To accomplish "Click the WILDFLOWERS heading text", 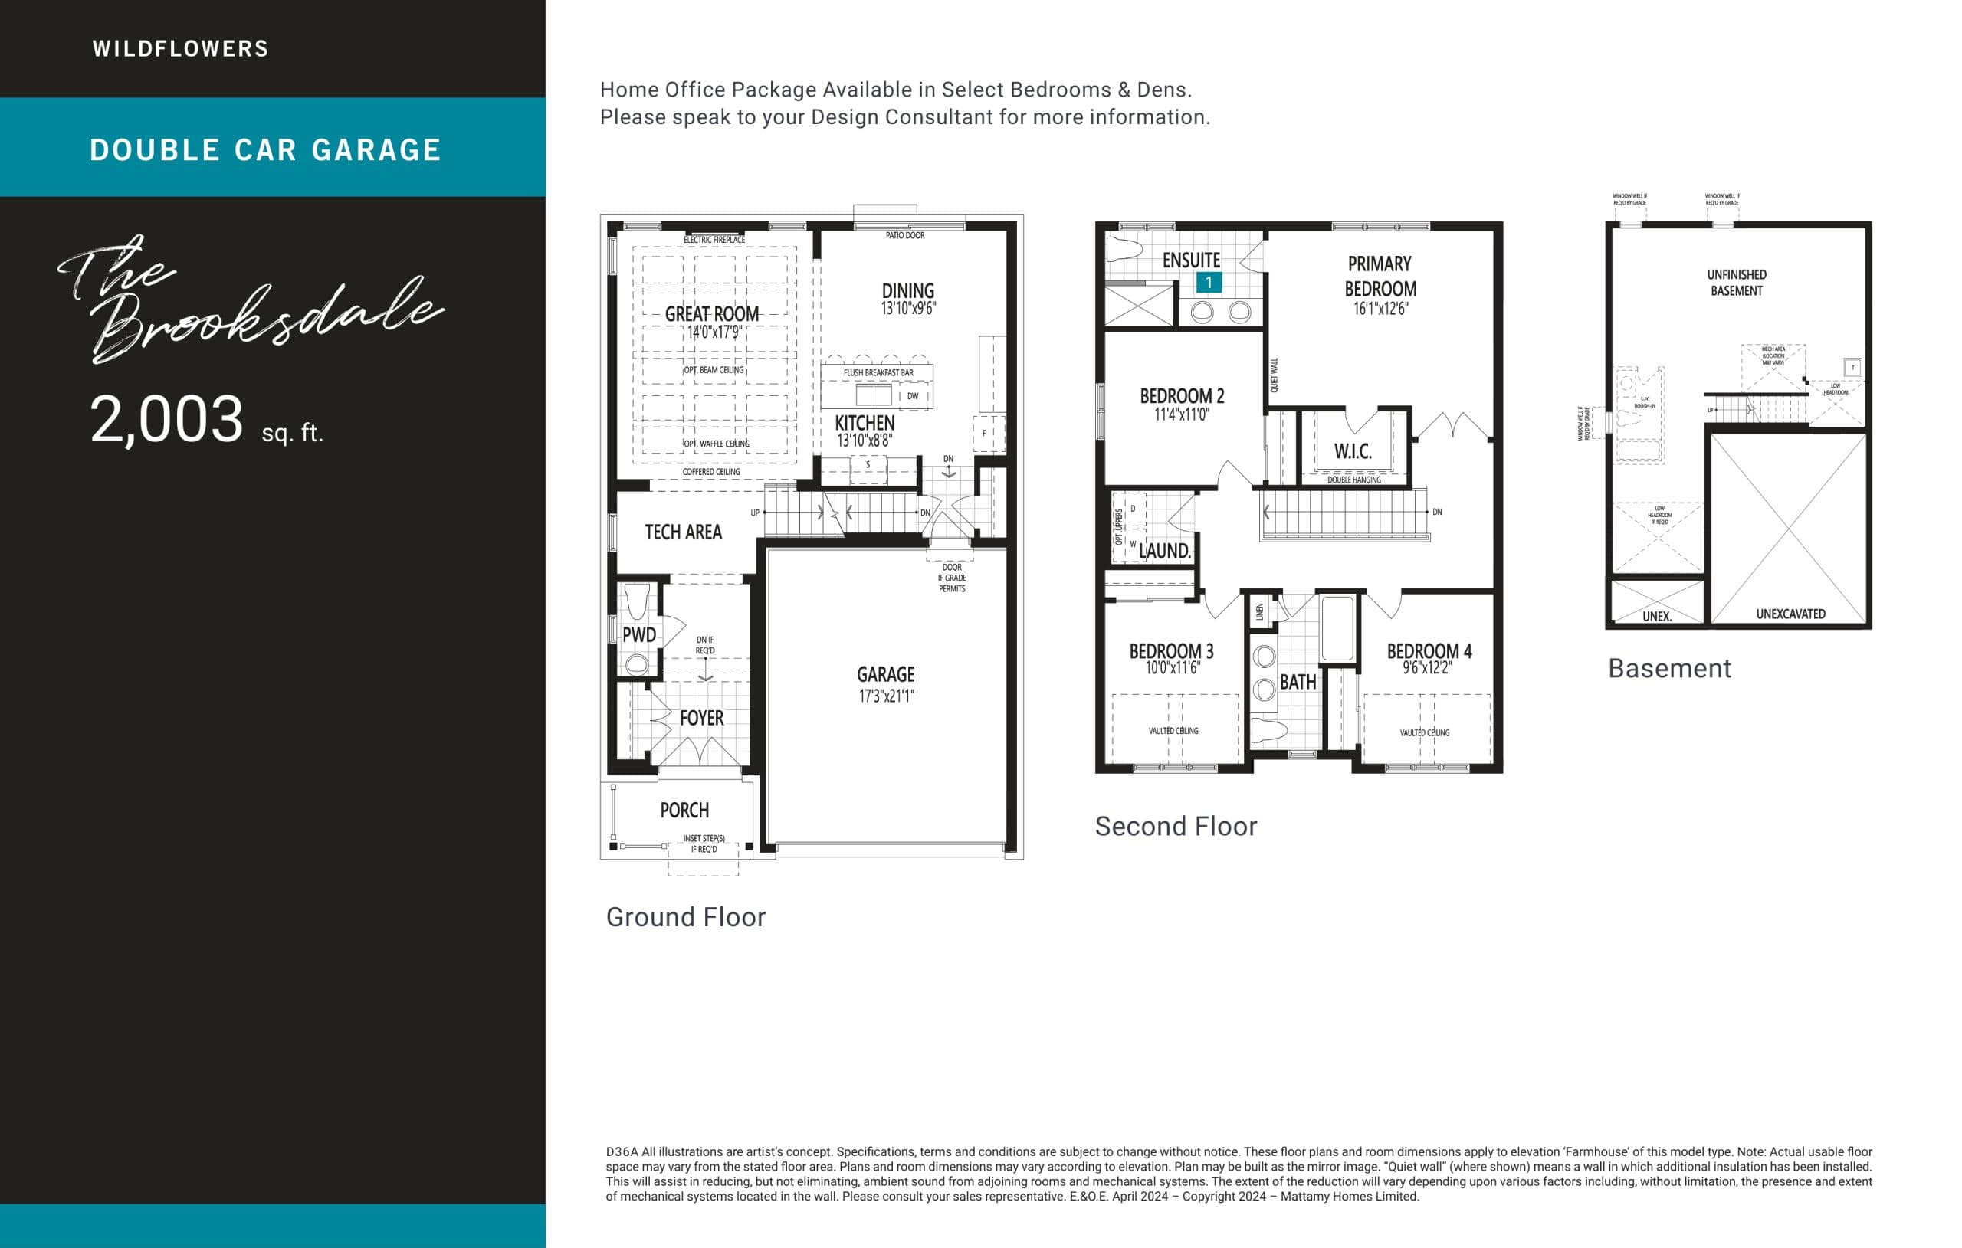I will pyautogui.click(x=180, y=49).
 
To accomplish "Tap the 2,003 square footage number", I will pyautogui.click(x=166, y=419).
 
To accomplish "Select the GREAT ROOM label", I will pyautogui.click(x=711, y=313).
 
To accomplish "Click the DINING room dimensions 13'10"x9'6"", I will pyautogui.click(x=907, y=309).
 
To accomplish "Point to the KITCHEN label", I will pyautogui.click(x=865, y=423).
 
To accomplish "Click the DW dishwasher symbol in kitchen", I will pyautogui.click(x=913, y=397).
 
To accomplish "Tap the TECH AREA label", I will pyautogui.click(x=683, y=532).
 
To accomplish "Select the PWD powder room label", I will pyautogui.click(x=638, y=634).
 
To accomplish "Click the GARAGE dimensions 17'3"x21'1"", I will pyautogui.click(x=887, y=696).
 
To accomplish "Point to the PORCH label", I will pyautogui.click(x=684, y=810).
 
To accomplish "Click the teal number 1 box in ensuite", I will pyautogui.click(x=1209, y=283).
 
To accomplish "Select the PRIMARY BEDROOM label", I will pyautogui.click(x=1380, y=276).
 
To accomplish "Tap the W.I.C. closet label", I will pyautogui.click(x=1353, y=451).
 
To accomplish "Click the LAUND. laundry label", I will pyautogui.click(x=1164, y=551).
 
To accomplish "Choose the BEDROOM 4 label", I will pyautogui.click(x=1429, y=651).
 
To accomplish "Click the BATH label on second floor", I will pyautogui.click(x=1297, y=682).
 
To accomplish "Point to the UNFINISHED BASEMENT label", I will pyautogui.click(x=1737, y=283).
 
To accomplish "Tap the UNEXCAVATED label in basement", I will pyautogui.click(x=1790, y=614).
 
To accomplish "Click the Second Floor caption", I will pyautogui.click(x=1175, y=826).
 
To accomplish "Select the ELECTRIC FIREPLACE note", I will pyautogui.click(x=714, y=240).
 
